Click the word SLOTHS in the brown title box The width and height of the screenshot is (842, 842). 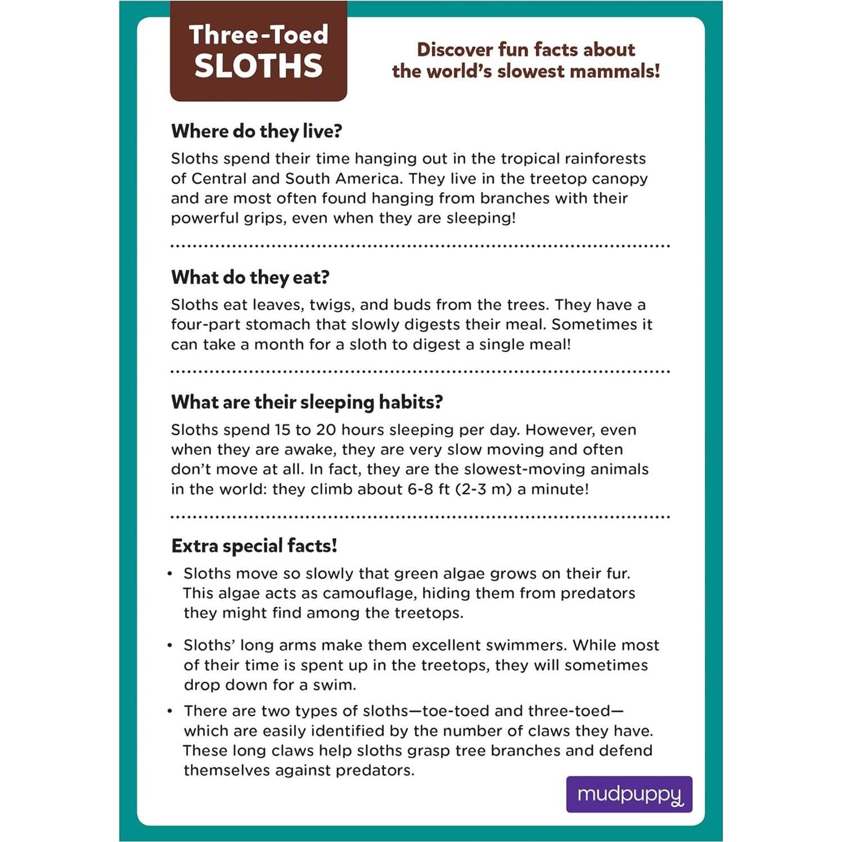point(258,66)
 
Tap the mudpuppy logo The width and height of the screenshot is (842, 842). point(629,794)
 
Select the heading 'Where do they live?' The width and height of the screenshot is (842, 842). point(256,131)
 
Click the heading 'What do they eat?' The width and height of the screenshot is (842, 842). point(250,277)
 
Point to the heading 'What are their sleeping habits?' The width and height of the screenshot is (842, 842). point(307,402)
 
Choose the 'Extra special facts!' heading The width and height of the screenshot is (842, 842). point(254,546)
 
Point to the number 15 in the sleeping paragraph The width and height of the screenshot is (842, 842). point(282,430)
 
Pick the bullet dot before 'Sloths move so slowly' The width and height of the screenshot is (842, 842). point(170,574)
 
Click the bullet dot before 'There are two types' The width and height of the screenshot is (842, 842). point(170,711)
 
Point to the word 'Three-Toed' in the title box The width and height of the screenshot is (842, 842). point(258,35)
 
